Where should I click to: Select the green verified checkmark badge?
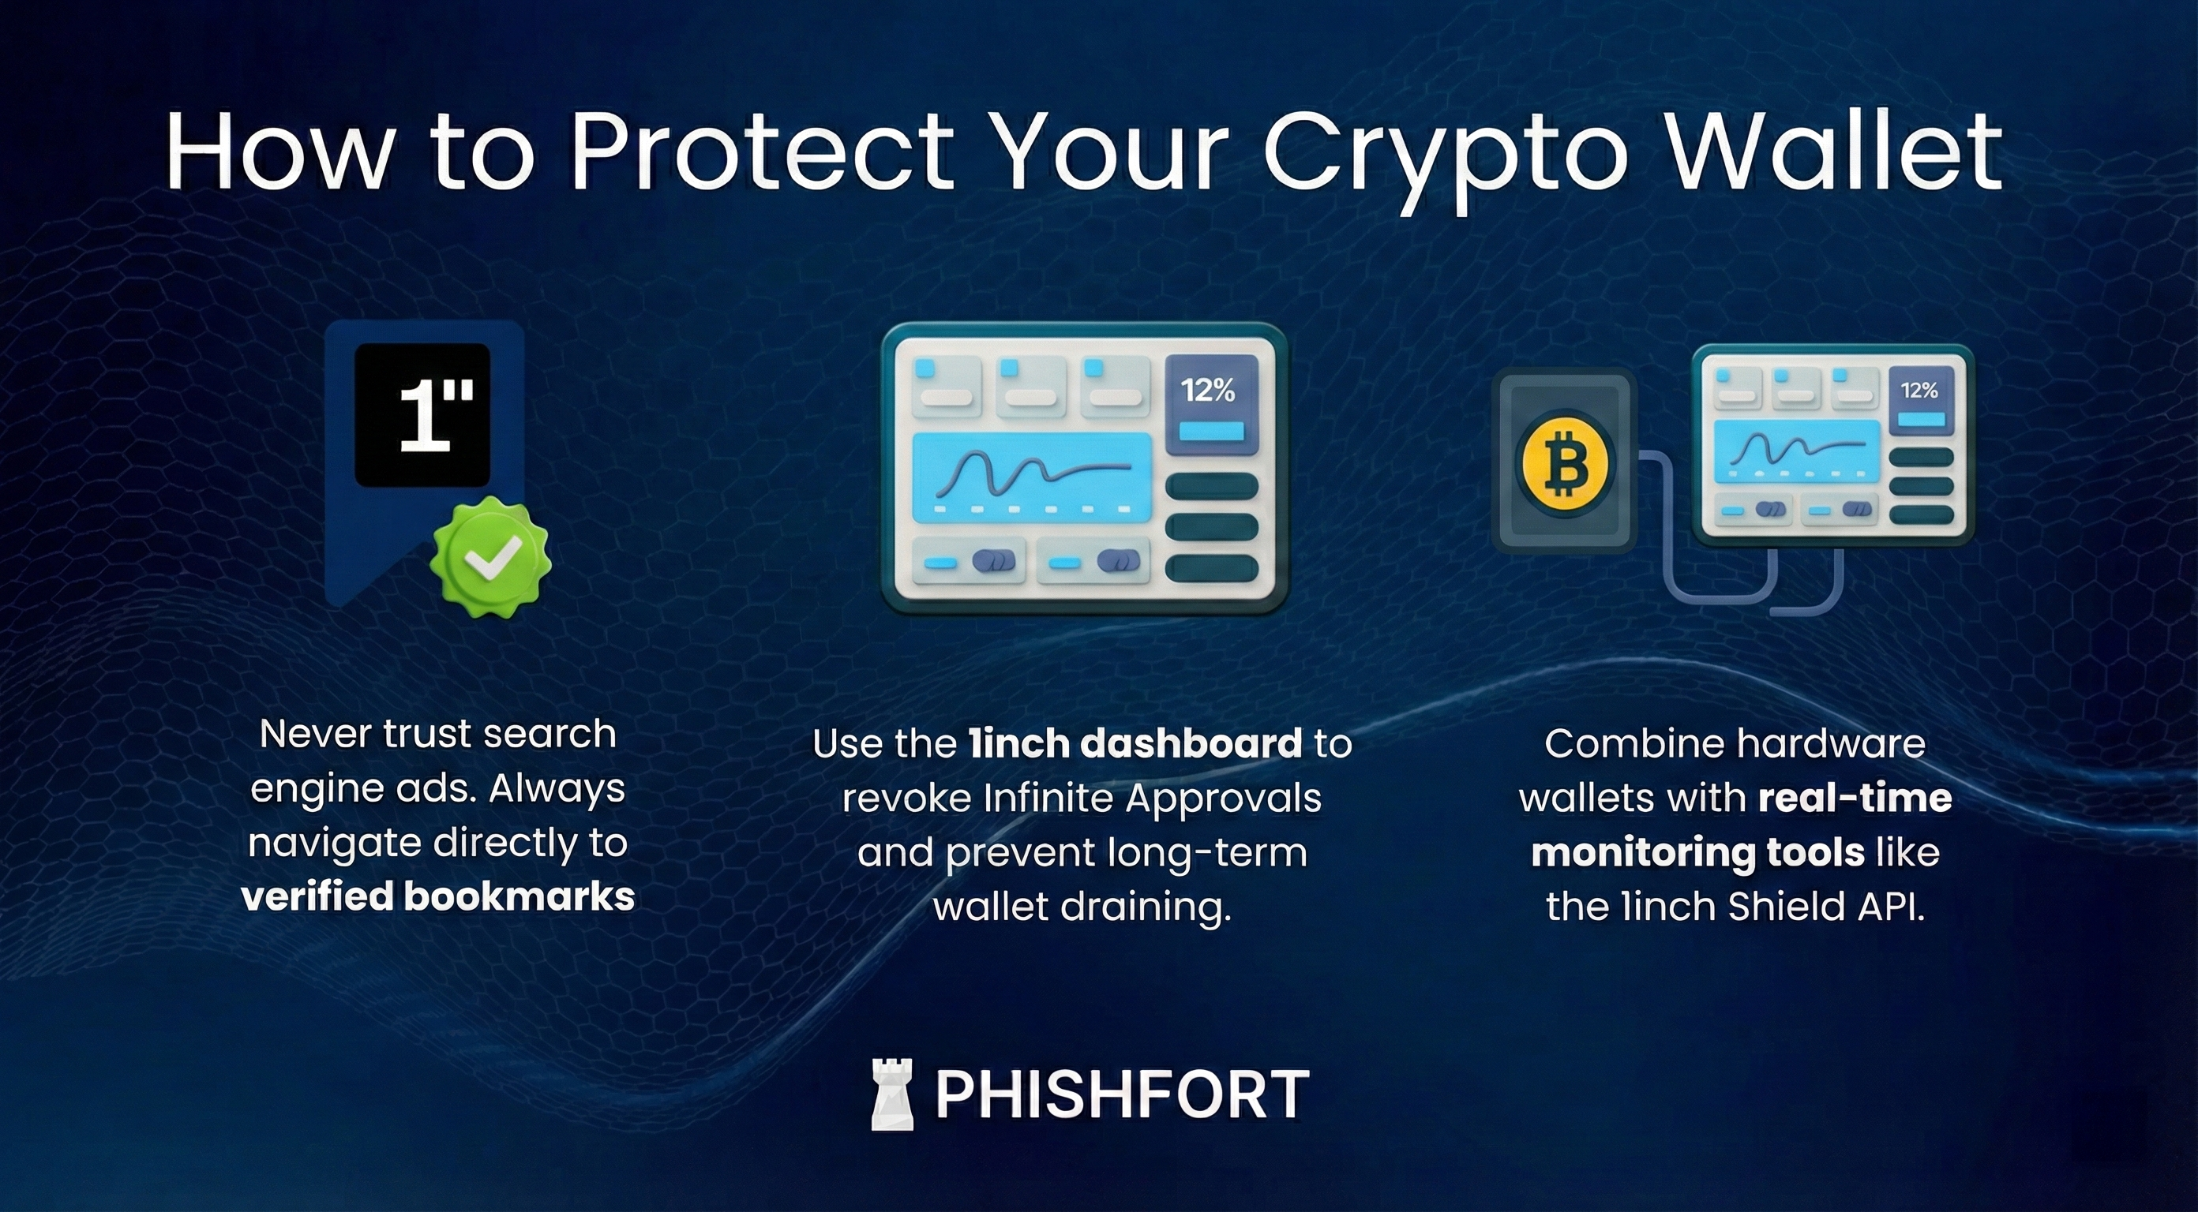pos(489,558)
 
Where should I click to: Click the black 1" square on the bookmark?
pos(422,414)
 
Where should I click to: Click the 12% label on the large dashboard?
pos(1207,391)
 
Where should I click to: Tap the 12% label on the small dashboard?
pos(1919,391)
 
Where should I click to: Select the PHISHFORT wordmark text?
pos(1121,1095)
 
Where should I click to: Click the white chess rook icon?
pos(891,1095)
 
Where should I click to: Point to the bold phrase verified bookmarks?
pos(437,896)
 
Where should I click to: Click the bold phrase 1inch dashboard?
pos(1135,744)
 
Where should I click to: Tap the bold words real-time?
pos(1854,799)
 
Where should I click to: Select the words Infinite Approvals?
pos(1152,799)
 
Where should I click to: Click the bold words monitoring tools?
pos(1697,852)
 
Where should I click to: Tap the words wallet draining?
pos(1082,906)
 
